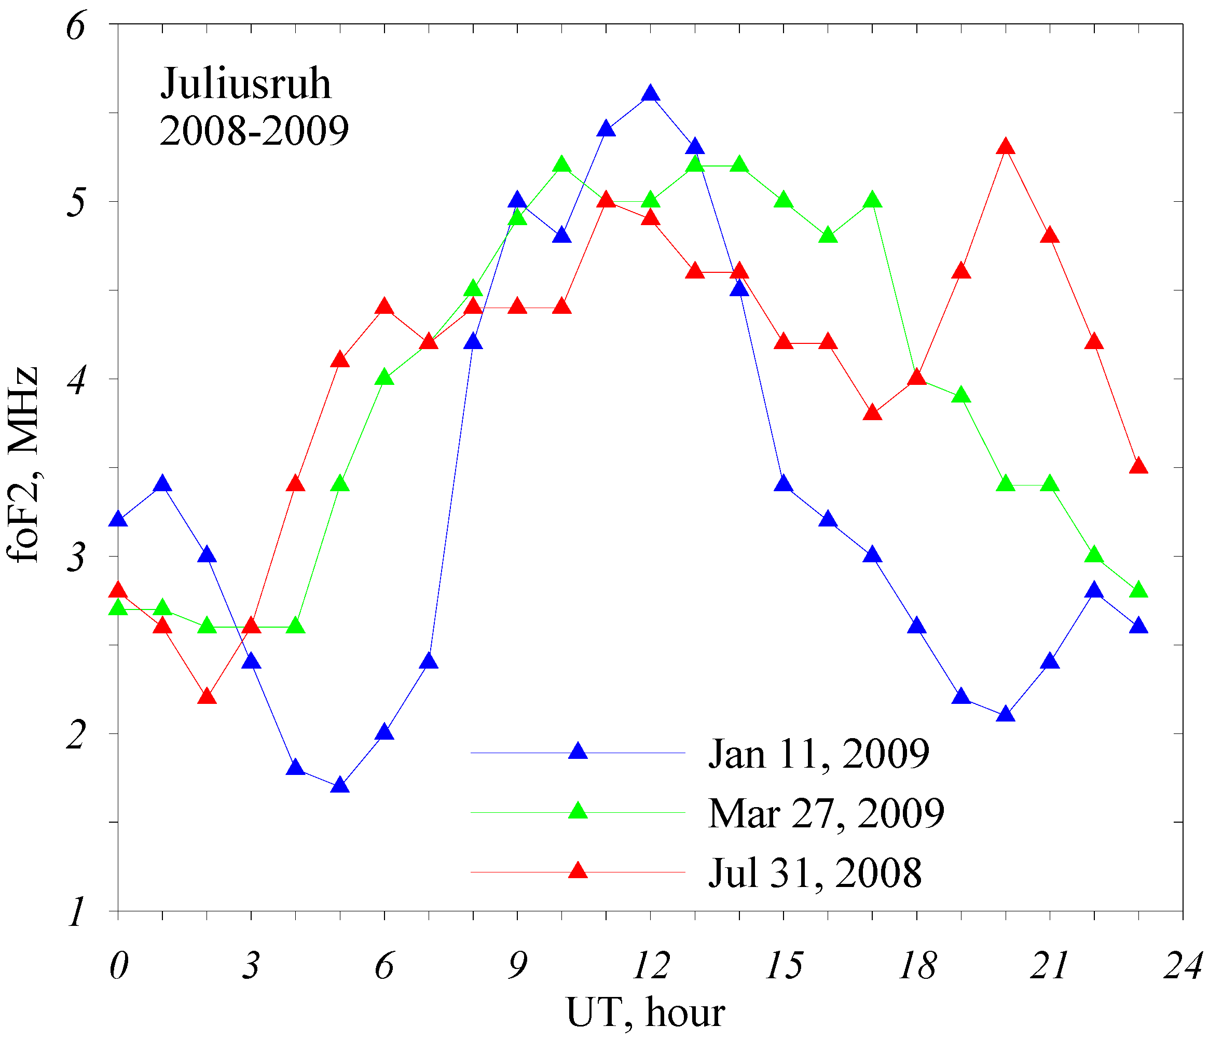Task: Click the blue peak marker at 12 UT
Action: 651,94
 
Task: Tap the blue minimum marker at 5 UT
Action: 339,786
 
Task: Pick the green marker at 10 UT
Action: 562,165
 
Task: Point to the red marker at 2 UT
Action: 207,697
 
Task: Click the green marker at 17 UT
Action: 872,201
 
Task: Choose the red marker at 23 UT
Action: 1138,467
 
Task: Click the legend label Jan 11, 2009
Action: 818,754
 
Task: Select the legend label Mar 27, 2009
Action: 826,813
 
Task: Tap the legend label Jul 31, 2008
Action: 815,872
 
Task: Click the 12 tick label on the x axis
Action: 651,965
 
